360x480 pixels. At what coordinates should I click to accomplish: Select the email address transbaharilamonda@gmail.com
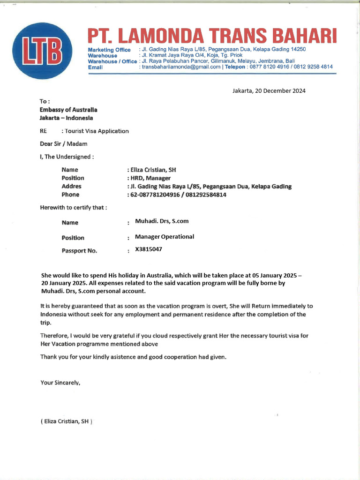tap(181, 67)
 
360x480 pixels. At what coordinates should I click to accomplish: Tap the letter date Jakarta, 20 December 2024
tap(269, 91)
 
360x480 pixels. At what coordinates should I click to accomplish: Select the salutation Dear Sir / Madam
tap(63, 144)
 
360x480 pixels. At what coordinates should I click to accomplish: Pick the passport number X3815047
tap(149, 249)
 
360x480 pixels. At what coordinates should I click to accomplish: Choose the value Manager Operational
tap(164, 237)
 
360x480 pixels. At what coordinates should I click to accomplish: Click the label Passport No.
tap(79, 251)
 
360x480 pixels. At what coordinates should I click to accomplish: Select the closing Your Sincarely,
tap(60, 382)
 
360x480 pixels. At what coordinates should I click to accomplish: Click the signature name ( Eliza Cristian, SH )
tap(66, 421)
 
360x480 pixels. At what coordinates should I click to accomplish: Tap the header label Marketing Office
tap(109, 50)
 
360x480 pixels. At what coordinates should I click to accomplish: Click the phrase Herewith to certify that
tap(73, 207)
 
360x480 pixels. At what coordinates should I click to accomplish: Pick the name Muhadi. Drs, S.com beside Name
tap(162, 221)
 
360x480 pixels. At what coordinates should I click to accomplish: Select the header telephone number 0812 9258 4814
tap(310, 67)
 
